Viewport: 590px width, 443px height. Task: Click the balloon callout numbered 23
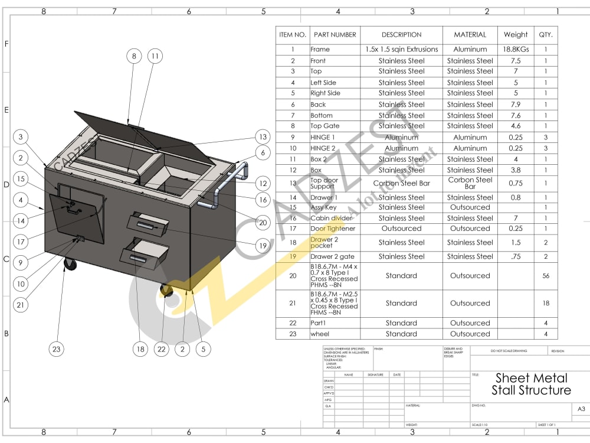56,349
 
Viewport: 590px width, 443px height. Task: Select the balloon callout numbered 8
134,56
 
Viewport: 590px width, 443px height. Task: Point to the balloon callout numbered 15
21,179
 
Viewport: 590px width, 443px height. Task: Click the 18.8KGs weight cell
516,50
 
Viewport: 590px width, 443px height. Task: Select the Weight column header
516,34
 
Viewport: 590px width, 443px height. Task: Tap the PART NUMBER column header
335,34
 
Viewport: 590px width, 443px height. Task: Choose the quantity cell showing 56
546,276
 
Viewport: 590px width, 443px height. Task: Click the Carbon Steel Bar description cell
401,183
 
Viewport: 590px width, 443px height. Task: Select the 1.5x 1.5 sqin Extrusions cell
401,50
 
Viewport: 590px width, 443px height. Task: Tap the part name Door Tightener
333,229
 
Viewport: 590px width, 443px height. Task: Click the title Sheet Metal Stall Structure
531,384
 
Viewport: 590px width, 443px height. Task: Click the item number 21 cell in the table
293,303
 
